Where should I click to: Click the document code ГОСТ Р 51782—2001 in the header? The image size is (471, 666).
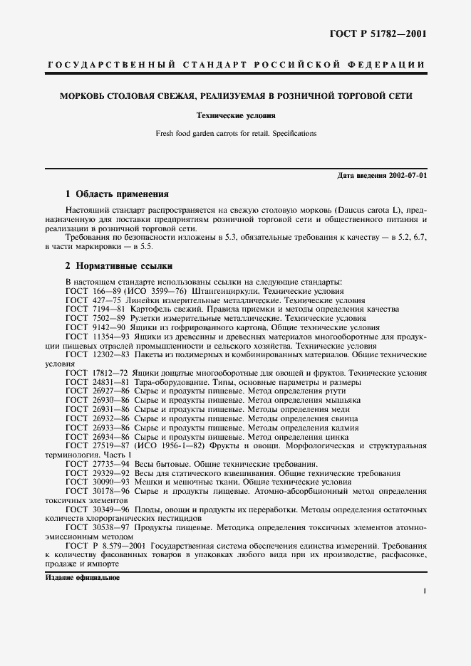click(382, 33)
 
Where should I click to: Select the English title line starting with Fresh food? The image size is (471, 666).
click(236, 133)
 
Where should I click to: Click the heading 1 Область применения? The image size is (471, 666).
click(117, 194)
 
